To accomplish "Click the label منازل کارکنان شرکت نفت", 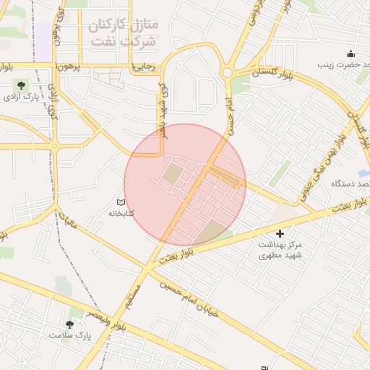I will [x=123, y=33].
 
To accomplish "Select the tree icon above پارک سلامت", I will [x=70, y=324].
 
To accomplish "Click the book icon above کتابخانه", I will [x=121, y=202].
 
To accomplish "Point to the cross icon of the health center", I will [x=280, y=233].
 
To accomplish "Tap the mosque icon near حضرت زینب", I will [x=350, y=53].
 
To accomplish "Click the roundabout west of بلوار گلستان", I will [x=227, y=72].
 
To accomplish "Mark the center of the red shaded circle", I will [x=185, y=185].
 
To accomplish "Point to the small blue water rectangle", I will [x=363, y=173].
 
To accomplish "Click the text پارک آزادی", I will [x=21, y=97].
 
